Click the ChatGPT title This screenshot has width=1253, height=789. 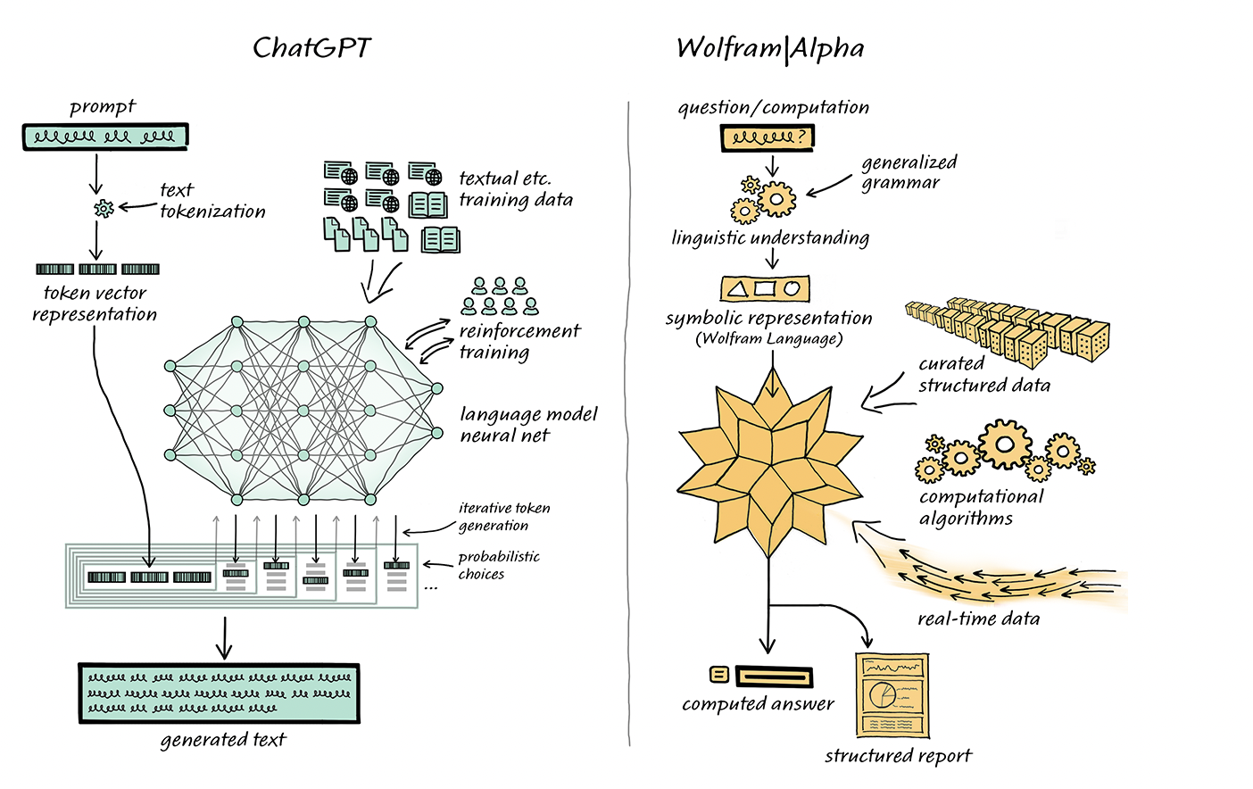311,47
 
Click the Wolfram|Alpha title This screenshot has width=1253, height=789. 770,48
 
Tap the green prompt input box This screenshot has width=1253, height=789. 105,137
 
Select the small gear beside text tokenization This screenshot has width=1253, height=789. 104,209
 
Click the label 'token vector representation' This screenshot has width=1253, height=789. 95,303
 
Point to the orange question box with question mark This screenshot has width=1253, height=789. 768,137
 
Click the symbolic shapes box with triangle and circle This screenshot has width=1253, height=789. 765,288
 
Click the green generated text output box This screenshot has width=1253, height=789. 220,693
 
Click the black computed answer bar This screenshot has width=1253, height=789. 775,676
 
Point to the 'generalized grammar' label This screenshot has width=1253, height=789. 909,172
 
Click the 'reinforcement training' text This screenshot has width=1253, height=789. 519,341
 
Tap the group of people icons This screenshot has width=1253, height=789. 500,296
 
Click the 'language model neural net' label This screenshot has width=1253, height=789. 527,425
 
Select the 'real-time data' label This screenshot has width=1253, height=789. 978,619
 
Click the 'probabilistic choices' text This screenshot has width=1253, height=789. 498,565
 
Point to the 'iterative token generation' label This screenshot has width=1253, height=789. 503,517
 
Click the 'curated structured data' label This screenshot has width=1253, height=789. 983,375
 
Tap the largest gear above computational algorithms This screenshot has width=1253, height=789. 1005,444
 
